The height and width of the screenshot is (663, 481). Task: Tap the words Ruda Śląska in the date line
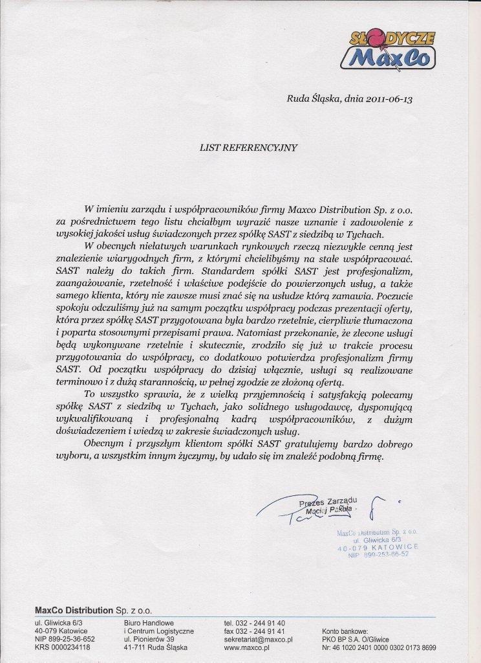coord(310,99)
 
